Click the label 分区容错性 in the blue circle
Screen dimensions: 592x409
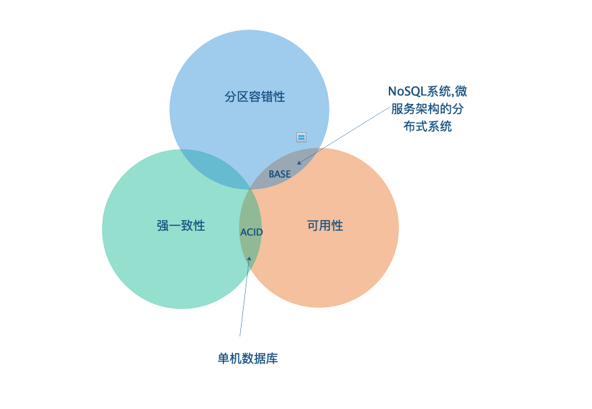(x=254, y=97)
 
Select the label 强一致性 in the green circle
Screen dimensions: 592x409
(x=180, y=226)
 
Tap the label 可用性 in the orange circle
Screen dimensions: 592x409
(x=325, y=226)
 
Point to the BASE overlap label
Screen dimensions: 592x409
(x=279, y=174)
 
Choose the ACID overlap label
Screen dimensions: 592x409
(x=251, y=232)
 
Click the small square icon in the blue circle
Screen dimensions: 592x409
(x=302, y=137)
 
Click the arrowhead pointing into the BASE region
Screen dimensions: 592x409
(x=299, y=162)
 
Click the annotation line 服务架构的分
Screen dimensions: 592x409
(x=427, y=109)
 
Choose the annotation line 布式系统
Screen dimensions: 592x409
(x=427, y=126)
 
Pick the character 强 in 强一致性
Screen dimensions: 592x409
(x=163, y=226)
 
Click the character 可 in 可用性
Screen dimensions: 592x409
(x=313, y=226)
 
